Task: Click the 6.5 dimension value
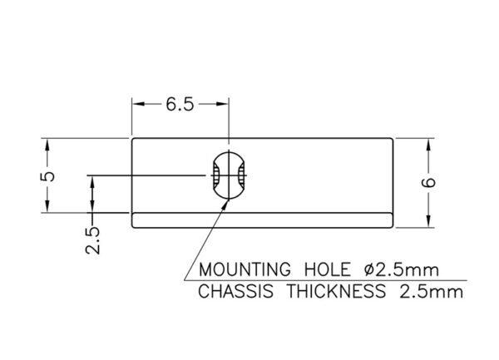180,104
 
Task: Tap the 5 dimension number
47,176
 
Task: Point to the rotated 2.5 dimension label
92,240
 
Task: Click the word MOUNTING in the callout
245,269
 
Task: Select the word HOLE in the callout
328,269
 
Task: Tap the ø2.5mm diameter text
402,269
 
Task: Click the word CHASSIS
236,291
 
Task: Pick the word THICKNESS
336,291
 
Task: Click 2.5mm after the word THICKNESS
431,291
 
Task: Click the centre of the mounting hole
229,175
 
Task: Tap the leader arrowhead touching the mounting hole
225,204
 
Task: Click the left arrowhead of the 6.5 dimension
139,104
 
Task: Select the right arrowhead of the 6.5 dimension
222,104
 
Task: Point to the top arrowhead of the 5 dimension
47,145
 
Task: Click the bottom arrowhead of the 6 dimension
428,221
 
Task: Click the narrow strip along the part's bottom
263,220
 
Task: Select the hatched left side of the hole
216,175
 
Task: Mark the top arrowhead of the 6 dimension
428,145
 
